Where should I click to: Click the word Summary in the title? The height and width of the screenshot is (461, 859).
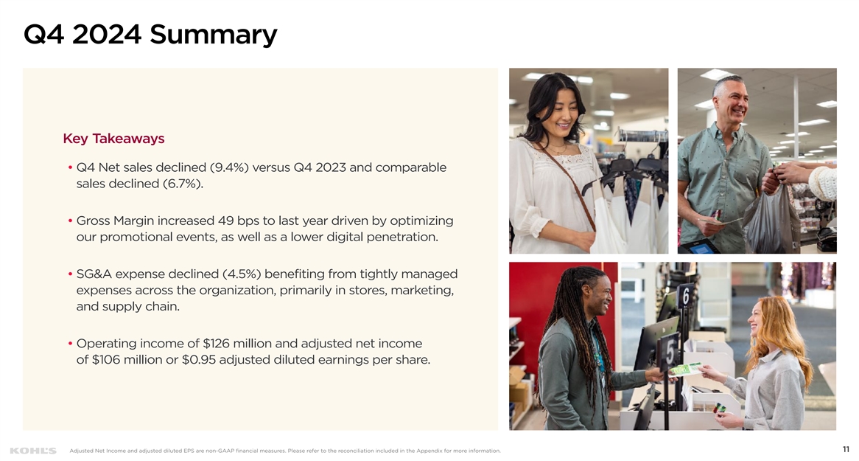pos(213,35)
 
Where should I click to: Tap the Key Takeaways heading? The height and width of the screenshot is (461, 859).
pos(114,139)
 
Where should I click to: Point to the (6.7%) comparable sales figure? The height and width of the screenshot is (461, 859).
pos(183,184)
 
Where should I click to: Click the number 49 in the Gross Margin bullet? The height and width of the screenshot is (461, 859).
pos(225,221)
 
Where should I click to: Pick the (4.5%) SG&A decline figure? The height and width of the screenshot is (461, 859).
pos(242,274)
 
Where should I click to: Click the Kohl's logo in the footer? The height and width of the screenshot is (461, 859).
pos(33,451)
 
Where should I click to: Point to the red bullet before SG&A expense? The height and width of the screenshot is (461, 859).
pos(70,274)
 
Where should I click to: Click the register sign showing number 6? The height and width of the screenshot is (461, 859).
pos(685,297)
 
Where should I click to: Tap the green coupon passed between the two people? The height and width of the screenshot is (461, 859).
pos(684,370)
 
